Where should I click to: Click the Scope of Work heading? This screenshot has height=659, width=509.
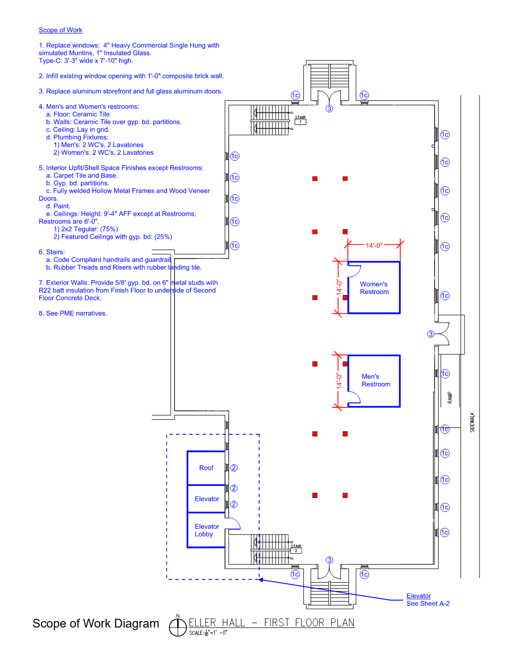[x=60, y=30]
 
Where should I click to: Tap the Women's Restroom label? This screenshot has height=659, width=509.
[x=374, y=288]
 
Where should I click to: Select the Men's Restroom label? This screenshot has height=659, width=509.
[x=375, y=380]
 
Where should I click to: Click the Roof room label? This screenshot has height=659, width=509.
[x=206, y=468]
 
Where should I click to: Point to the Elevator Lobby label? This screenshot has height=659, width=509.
[x=206, y=530]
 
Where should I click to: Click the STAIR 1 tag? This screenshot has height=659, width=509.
[x=300, y=120]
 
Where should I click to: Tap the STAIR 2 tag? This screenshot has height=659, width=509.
[x=296, y=549]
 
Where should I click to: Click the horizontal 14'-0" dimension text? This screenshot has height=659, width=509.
[x=374, y=246]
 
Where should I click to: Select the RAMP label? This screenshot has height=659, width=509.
[x=450, y=397]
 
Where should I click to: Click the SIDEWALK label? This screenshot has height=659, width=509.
[x=472, y=422]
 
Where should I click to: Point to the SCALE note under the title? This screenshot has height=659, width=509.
[x=208, y=633]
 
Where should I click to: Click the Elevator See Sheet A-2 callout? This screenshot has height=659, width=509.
[x=428, y=600]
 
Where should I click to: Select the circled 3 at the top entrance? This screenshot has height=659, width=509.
[x=329, y=109]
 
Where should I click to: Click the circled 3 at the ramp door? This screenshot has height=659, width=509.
[x=431, y=334]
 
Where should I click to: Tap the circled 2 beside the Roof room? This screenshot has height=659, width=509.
[x=234, y=468]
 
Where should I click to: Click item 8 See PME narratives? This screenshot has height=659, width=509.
[x=73, y=314]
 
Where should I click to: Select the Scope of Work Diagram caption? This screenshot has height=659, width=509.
[x=96, y=624]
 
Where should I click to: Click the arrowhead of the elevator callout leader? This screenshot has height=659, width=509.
[x=261, y=580]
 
